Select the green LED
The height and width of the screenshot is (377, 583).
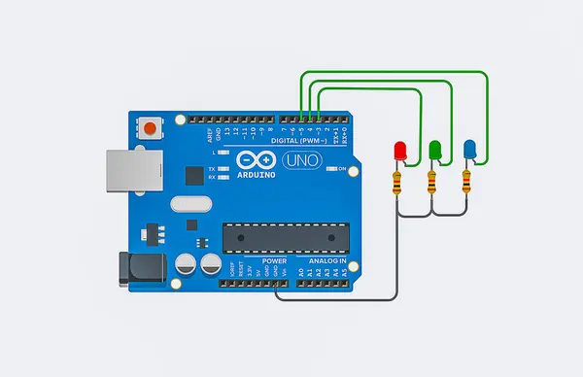(435, 151)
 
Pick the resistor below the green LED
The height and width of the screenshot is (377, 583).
(432, 182)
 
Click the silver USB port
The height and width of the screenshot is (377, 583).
(123, 169)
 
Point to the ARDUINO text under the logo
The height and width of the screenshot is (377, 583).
(255, 175)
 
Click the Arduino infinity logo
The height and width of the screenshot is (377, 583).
(255, 160)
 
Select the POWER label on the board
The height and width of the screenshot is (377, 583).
(246, 261)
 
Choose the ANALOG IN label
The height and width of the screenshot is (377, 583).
(326, 261)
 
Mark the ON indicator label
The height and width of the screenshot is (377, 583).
(342, 169)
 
